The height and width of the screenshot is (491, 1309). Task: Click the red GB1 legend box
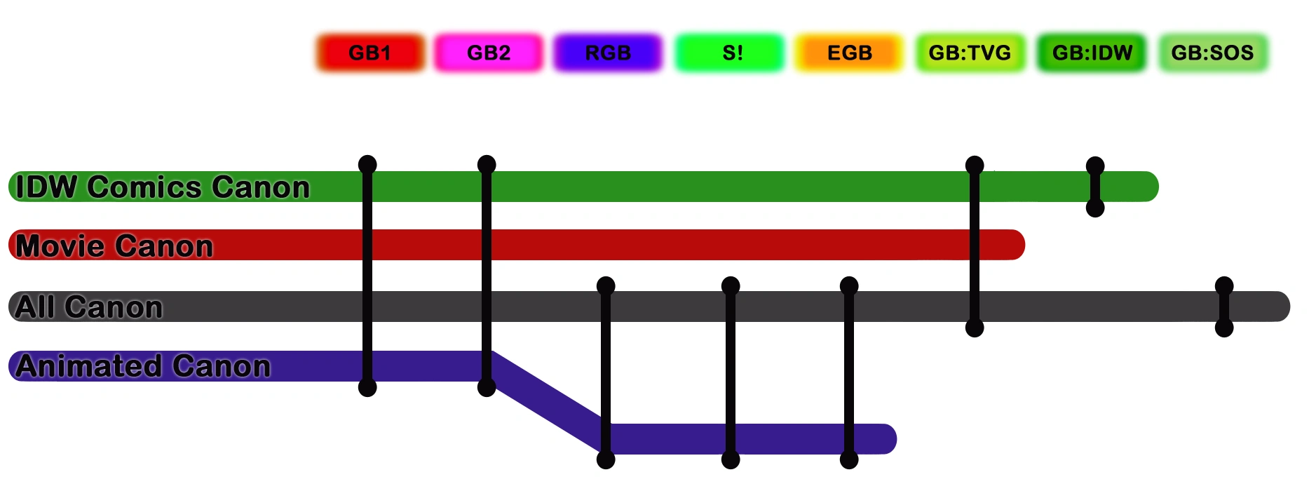click(369, 53)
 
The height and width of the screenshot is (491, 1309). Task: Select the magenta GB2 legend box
click(489, 53)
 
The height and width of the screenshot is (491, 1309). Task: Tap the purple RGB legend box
click(608, 53)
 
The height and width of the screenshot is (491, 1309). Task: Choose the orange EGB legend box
click(849, 53)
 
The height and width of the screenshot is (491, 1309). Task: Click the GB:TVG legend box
click(970, 53)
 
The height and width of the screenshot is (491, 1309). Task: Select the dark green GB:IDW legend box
click(1092, 53)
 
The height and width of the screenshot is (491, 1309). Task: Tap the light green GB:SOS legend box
click(1212, 53)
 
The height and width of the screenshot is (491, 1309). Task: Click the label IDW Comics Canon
click(163, 187)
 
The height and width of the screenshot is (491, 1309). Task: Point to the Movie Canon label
click(114, 246)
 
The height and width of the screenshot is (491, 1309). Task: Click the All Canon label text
click(89, 307)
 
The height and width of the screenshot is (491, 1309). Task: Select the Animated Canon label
click(143, 366)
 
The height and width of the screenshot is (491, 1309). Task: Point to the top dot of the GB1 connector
click(367, 165)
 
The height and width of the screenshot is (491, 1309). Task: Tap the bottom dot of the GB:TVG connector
click(975, 328)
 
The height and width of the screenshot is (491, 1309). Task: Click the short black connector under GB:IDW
click(1095, 187)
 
